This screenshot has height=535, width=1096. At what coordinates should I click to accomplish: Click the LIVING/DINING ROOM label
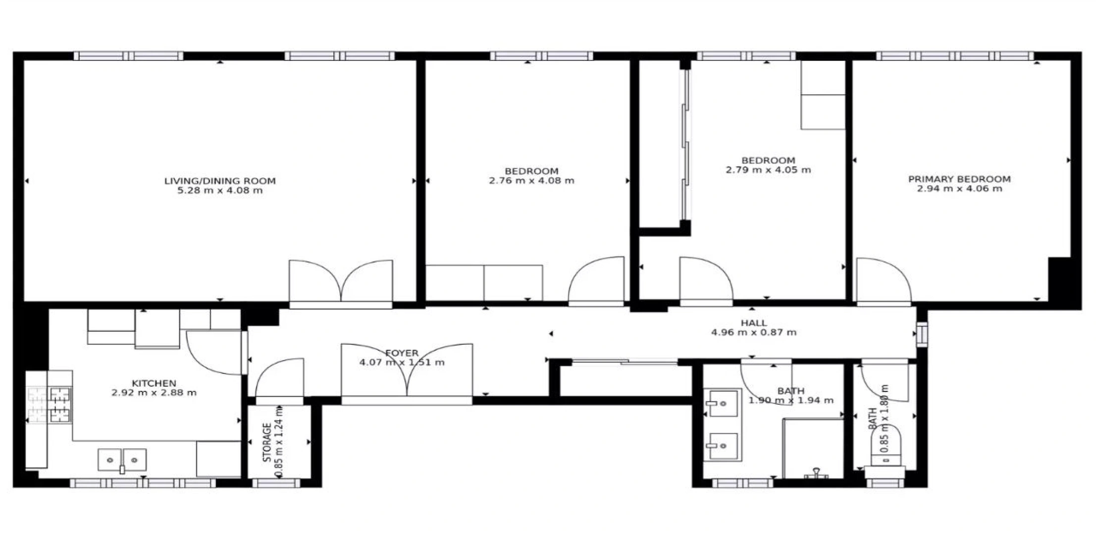pyautogui.click(x=220, y=181)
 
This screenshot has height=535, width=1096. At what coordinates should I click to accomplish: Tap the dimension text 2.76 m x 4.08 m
pyautogui.click(x=531, y=181)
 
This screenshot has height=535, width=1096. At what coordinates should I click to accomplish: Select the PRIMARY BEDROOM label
pyautogui.click(x=959, y=179)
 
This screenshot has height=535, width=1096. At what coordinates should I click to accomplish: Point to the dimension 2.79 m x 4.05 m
pyautogui.click(x=768, y=170)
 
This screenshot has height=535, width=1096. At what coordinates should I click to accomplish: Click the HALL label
pyautogui.click(x=754, y=323)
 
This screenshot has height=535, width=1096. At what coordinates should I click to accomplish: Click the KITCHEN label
pyautogui.click(x=154, y=383)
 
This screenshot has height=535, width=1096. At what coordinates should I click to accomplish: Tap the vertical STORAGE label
pyautogui.click(x=267, y=442)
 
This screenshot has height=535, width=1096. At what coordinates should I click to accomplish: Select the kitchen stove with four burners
pyautogui.click(x=50, y=405)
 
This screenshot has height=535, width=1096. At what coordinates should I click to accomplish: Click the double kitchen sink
pyautogui.click(x=122, y=460)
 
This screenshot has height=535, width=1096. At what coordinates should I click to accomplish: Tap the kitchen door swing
pyautogui.click(x=214, y=352)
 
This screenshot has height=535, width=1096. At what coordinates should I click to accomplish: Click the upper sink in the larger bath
pyautogui.click(x=722, y=403)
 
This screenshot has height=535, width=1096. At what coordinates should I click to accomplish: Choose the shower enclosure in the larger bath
pyautogui.click(x=813, y=448)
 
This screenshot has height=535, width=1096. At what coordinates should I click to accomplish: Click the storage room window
pyautogui.click(x=276, y=483)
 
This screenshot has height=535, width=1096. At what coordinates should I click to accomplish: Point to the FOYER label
pyautogui.click(x=402, y=353)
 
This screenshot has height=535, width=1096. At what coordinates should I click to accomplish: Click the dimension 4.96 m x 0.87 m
pyautogui.click(x=754, y=332)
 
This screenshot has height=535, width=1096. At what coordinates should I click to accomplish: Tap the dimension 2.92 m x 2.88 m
pyautogui.click(x=154, y=393)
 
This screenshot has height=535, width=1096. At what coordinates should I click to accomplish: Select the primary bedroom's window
pyautogui.click(x=954, y=56)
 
